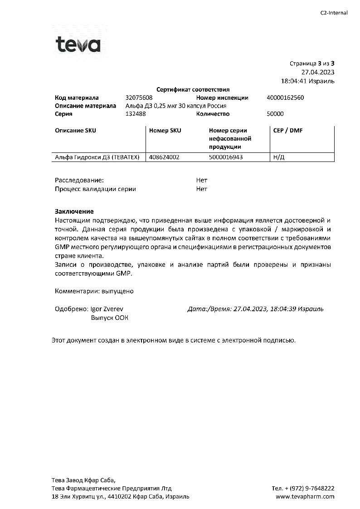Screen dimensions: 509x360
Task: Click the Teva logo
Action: pos(78,44)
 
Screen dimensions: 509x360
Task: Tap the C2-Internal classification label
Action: pos(334,13)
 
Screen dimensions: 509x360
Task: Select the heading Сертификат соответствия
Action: pos(193,90)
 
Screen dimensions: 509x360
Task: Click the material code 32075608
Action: pos(139,98)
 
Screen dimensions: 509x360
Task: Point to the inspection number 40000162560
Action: pos(286,98)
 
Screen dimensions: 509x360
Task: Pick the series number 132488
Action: pos(136,114)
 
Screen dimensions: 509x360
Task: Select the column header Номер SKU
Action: pos(165,131)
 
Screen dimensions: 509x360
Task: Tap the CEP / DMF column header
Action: pos(288,131)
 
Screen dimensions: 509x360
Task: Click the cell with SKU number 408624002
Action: pos(164,157)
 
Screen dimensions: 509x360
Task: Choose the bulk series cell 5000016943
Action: pos(226,157)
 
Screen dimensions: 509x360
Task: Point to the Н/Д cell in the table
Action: pos(279,157)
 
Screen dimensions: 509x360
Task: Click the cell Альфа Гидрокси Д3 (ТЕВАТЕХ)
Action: pos(97,157)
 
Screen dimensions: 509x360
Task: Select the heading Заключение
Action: pos(74,211)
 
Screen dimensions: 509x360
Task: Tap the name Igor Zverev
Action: pos(107,309)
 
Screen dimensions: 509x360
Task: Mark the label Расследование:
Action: pos(79,180)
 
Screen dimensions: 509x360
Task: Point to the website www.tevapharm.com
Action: pos(305,496)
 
